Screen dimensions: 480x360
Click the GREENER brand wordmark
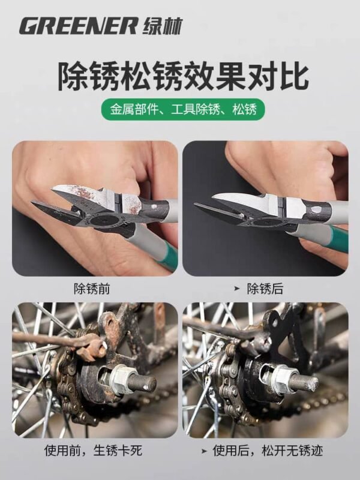[79, 25]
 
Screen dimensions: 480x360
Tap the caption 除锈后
[265, 289]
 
